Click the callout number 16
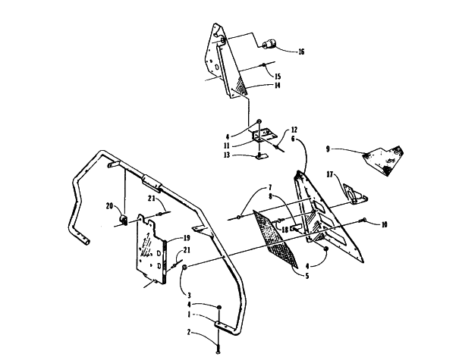click(x=301, y=52)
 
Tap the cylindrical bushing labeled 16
click(x=269, y=44)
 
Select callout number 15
click(x=278, y=77)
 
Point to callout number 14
click(x=277, y=85)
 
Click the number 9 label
click(x=328, y=149)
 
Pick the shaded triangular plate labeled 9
click(x=383, y=161)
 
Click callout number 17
click(x=330, y=174)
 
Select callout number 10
click(x=384, y=224)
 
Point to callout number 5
click(x=307, y=276)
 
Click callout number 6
click(x=293, y=139)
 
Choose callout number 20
click(x=109, y=206)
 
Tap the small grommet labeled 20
click(x=123, y=220)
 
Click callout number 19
click(x=187, y=237)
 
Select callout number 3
click(x=190, y=295)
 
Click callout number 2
click(x=189, y=332)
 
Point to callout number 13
click(x=227, y=155)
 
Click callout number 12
click(x=294, y=130)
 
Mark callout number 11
click(x=227, y=146)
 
